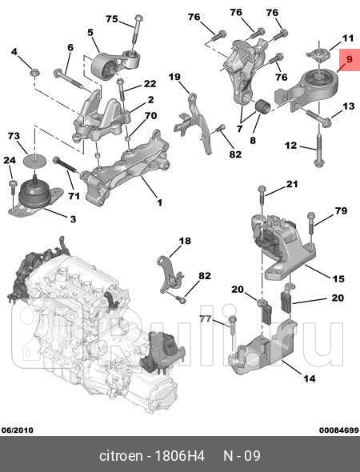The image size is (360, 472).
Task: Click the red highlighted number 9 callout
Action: (x=348, y=60)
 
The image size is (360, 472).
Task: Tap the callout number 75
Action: (x=112, y=18)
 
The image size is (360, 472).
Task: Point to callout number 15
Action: (x=338, y=278)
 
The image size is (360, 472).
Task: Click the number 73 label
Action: (x=14, y=137)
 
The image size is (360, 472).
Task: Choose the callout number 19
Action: (x=174, y=77)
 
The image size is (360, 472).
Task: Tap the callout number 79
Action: (x=342, y=211)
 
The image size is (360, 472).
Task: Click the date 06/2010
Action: (x=17, y=429)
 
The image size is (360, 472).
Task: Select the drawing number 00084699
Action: (x=339, y=429)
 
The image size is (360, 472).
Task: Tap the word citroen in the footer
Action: (x=121, y=456)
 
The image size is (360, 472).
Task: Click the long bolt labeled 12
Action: (x=319, y=152)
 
